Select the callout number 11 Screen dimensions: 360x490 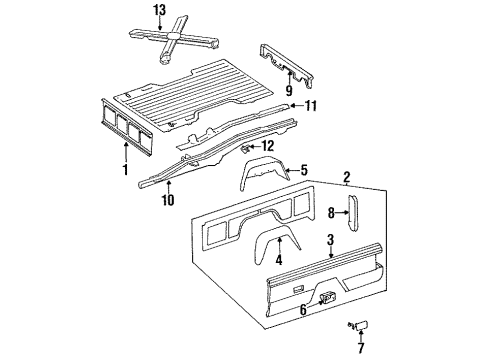click(311, 105)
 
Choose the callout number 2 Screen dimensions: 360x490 click(346, 180)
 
